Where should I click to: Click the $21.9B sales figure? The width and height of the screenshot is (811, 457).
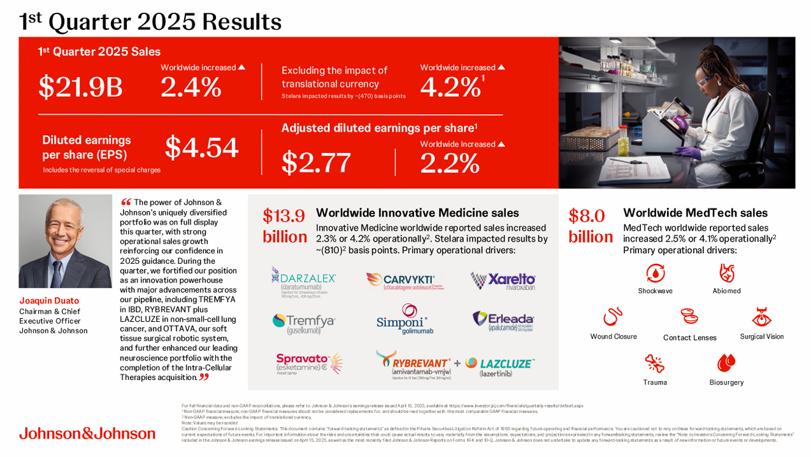pyautogui.click(x=80, y=87)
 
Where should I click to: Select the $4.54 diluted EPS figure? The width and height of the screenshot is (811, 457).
pyautogui.click(x=202, y=147)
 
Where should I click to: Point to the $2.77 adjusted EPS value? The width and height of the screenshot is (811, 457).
pyautogui.click(x=316, y=162)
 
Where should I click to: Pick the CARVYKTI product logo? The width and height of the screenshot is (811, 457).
pyautogui.click(x=400, y=280)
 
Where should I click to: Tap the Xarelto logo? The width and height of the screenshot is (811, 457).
pyautogui.click(x=503, y=280)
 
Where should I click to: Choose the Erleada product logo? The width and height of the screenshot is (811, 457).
pyautogui.click(x=503, y=321)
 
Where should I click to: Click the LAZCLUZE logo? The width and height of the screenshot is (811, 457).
pyautogui.click(x=499, y=365)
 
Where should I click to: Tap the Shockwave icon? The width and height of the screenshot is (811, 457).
pyautogui.click(x=655, y=273)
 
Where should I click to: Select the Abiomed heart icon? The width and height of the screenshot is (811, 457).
pyautogui.click(x=726, y=273)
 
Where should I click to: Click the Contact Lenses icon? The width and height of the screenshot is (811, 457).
pyautogui.click(x=689, y=317)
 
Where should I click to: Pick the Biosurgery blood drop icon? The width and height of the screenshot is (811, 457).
pyautogui.click(x=726, y=363)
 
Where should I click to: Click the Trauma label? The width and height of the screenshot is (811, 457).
pyautogui.click(x=655, y=382)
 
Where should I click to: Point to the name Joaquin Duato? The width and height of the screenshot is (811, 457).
pyautogui.click(x=48, y=301)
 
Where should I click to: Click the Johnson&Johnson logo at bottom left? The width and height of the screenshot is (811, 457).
pyautogui.click(x=87, y=433)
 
